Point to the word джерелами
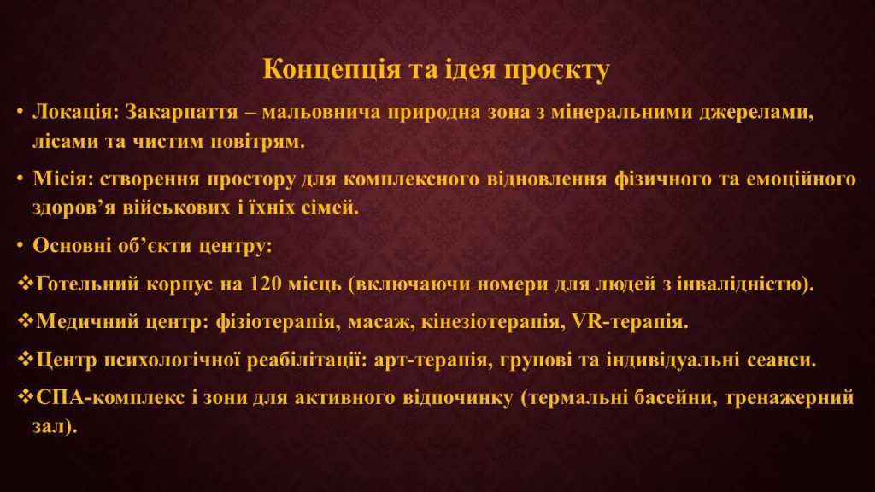[757, 113]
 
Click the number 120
[265, 284]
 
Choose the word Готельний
[87, 284]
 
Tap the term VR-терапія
[630, 322]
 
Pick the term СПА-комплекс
[110, 397]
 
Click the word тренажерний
[790, 398]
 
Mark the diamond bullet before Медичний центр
[26, 321]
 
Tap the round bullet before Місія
[21, 179]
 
